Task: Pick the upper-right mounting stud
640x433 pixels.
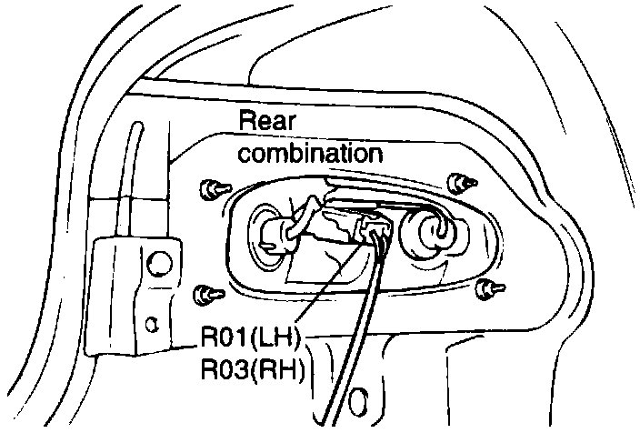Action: (x=462, y=182)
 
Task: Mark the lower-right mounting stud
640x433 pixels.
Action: (x=487, y=288)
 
